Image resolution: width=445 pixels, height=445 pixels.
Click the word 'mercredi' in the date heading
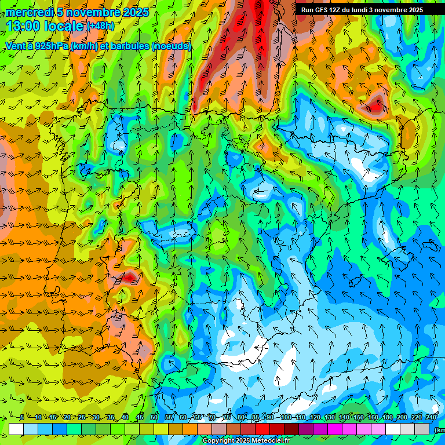pyautogui.click(x=29, y=12)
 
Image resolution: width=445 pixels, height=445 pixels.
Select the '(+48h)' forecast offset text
pyautogui.click(x=100, y=26)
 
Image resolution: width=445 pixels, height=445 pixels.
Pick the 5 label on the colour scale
pyautogui.click(x=22, y=418)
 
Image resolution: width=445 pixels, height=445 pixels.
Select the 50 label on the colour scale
pyautogui.click(x=154, y=418)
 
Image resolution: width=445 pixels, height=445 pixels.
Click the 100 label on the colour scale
pyautogui.click(x=286, y=418)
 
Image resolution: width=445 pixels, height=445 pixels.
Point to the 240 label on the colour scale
pyautogui.click(x=431, y=418)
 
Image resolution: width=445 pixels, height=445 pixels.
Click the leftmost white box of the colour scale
pyautogui.click(x=16, y=429)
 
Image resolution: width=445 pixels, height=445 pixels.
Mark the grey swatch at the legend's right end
pyautogui.click(x=423, y=429)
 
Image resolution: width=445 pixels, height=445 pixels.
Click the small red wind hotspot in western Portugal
pyautogui.click(x=129, y=278)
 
